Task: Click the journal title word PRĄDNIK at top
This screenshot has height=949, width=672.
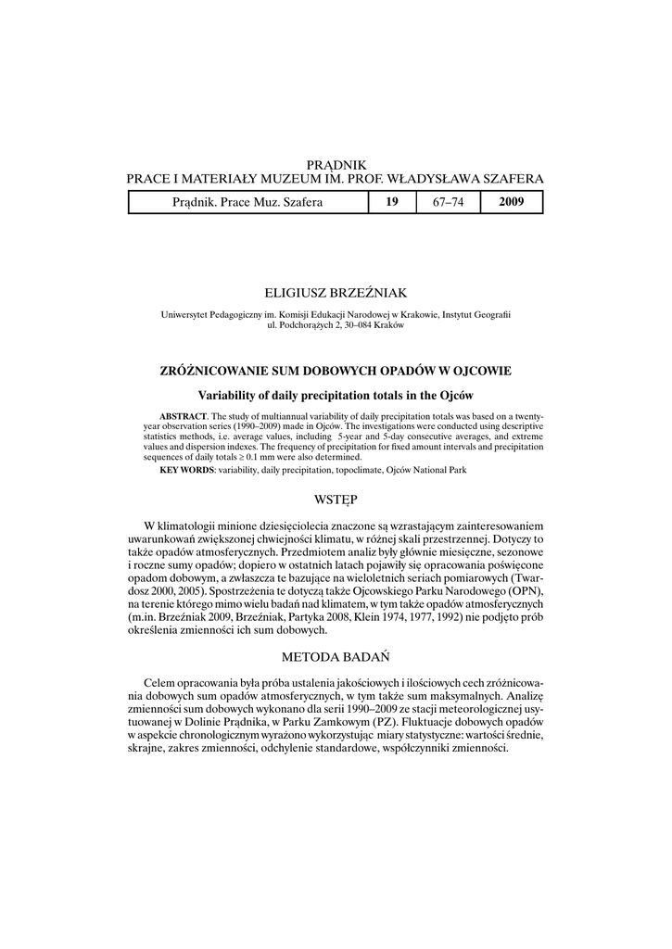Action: [336, 164]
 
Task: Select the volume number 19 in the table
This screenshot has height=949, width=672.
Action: [392, 202]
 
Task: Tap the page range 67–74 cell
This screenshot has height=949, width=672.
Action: [448, 202]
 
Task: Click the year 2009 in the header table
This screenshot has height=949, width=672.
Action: [512, 202]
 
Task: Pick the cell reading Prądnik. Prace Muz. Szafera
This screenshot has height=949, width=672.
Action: [247, 202]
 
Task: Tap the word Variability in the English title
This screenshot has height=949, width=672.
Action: [235, 395]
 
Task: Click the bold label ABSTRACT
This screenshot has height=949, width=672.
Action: [183, 416]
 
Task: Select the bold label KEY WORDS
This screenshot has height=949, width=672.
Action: [186, 471]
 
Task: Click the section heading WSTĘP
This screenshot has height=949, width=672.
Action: [336, 500]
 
